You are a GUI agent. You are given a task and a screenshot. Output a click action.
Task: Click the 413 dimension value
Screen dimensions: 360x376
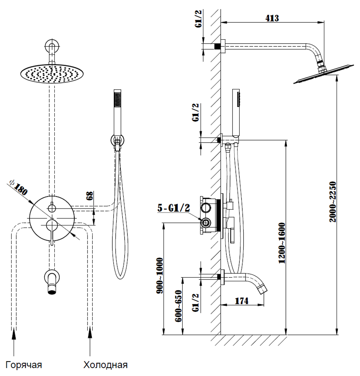[x=272, y=18]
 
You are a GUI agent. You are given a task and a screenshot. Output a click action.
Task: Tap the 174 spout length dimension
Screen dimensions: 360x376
[x=242, y=301]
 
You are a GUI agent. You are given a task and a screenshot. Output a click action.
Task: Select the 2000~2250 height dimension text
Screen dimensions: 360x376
[x=333, y=202]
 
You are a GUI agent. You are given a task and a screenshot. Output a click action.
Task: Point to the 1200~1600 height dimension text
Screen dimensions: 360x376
[x=282, y=243]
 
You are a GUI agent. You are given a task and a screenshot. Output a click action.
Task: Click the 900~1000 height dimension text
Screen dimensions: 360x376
[x=159, y=276]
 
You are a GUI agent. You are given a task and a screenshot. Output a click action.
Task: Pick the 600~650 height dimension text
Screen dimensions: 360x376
[x=178, y=306]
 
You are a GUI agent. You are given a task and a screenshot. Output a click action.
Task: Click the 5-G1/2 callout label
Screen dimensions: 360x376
[x=174, y=208]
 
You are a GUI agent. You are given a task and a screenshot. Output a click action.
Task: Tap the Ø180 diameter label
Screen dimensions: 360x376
[x=18, y=187]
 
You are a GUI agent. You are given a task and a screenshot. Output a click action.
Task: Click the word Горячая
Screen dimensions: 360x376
[x=24, y=365]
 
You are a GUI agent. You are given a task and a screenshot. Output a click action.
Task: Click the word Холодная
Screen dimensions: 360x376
[x=105, y=365]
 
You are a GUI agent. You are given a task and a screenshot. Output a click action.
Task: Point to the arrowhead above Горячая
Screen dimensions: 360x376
[x=14, y=334]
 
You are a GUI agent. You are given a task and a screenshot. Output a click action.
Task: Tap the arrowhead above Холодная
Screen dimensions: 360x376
[x=90, y=334]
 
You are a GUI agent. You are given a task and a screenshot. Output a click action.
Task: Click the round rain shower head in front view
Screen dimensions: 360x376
[x=52, y=74]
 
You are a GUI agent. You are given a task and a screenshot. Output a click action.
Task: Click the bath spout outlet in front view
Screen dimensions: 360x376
[x=52, y=292]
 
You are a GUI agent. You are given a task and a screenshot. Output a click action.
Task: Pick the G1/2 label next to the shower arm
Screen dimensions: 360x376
[x=199, y=18]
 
